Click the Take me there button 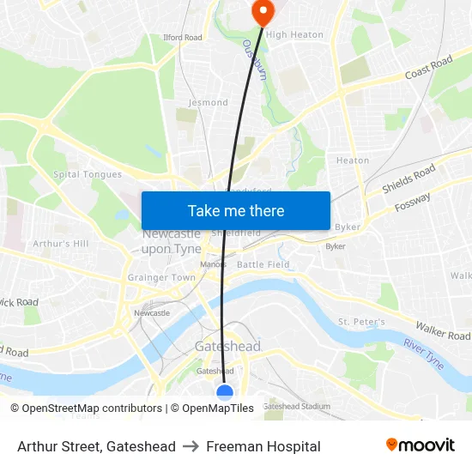point(235,210)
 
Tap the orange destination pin point(261,11)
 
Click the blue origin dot point(225,392)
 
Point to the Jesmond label point(208,102)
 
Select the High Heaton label point(294,35)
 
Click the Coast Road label point(428,68)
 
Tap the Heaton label point(353,160)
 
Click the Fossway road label point(413,203)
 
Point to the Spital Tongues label point(88,174)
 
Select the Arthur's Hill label point(60,244)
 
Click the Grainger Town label point(161,277)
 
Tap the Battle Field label point(263,264)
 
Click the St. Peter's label point(360,321)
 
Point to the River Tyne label point(424,354)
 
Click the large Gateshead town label point(227,347)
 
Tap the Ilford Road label point(182,38)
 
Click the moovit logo point(420,445)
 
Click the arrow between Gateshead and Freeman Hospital point(191,446)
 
